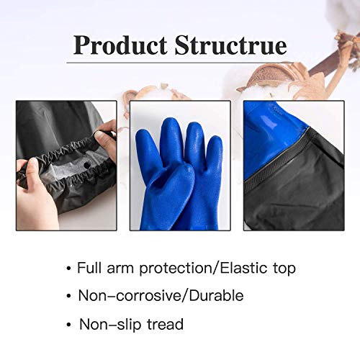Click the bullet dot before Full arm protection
(x=68, y=268)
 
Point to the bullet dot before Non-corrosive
(x=68, y=296)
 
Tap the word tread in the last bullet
(x=164, y=325)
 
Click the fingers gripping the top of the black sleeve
(x=106, y=133)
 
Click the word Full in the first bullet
(x=91, y=268)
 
